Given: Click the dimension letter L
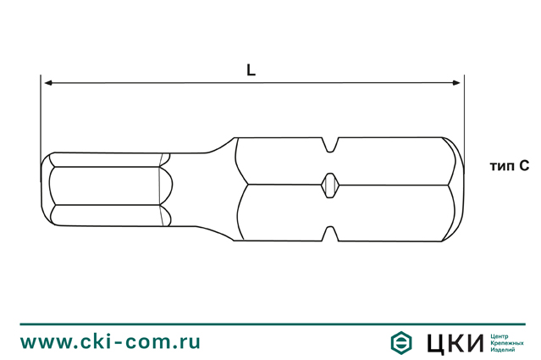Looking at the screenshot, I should (251, 71).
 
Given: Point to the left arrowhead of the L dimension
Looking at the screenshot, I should (47, 83).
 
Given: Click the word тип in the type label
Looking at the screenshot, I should (502, 167).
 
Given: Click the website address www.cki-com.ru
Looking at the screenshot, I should (111, 341).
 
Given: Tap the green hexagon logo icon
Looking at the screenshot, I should (401, 342).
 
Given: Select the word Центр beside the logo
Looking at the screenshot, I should (502, 335).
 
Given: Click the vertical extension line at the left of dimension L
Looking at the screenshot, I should (41, 119).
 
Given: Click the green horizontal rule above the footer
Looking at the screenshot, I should (270, 324).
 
